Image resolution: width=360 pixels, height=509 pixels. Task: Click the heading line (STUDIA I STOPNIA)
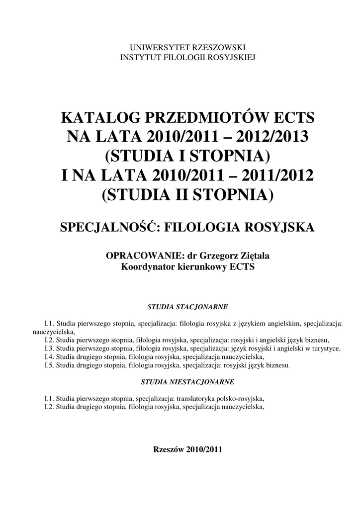[187, 155]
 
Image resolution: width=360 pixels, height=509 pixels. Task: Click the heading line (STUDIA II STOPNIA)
[187, 193]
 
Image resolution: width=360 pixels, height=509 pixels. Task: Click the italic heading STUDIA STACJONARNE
[187, 307]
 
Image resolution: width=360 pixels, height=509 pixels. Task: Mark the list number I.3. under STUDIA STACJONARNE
[49, 348]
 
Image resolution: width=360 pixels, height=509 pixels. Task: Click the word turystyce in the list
[326, 348]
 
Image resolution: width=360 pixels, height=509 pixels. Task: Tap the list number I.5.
[49, 365]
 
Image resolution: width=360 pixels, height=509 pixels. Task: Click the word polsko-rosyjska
[240, 399]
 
